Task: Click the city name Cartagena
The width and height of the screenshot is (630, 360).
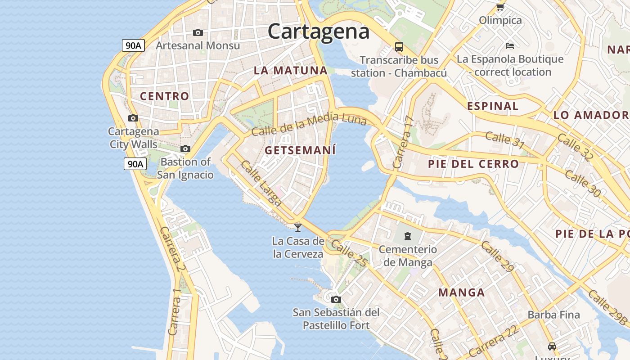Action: click(x=319, y=31)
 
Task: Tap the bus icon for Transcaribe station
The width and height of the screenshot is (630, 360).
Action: click(x=399, y=46)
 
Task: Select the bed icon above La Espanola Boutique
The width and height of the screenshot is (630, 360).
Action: click(x=510, y=46)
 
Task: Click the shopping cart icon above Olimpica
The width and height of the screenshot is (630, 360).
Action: click(x=500, y=7)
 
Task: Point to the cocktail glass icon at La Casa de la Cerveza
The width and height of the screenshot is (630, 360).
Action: click(x=297, y=228)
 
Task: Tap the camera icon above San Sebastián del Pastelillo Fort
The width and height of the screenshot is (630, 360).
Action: click(x=336, y=299)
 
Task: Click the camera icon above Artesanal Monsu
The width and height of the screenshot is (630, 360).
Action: click(x=198, y=32)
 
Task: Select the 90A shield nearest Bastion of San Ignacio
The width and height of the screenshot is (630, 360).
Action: click(x=135, y=164)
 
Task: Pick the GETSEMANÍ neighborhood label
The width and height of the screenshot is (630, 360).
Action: click(x=300, y=150)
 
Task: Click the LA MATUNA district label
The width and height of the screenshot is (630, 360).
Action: click(x=291, y=70)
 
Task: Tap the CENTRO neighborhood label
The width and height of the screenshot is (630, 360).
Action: click(x=164, y=96)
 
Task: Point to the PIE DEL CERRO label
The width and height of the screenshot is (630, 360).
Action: click(x=473, y=164)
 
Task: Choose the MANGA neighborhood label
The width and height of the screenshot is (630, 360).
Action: click(x=462, y=292)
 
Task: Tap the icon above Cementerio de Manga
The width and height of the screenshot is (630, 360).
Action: click(x=408, y=236)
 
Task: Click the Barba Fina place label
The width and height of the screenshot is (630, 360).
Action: click(x=553, y=315)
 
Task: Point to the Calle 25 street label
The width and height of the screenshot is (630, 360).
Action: click(x=349, y=255)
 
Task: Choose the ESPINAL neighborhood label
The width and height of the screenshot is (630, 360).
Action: click(x=493, y=106)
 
